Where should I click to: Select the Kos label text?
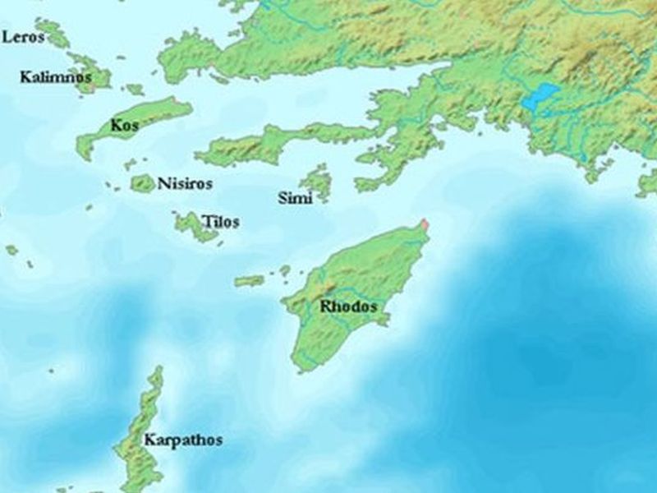point(124,127)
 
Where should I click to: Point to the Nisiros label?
point(178,182)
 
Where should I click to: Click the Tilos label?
point(222,222)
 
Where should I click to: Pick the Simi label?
point(295,198)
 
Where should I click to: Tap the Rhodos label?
point(348,306)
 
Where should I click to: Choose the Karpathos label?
point(182,440)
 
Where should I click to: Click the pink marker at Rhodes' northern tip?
point(425,223)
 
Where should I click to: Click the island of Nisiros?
point(142,182)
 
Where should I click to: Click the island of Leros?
point(54,33)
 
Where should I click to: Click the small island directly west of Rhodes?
point(249,281)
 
